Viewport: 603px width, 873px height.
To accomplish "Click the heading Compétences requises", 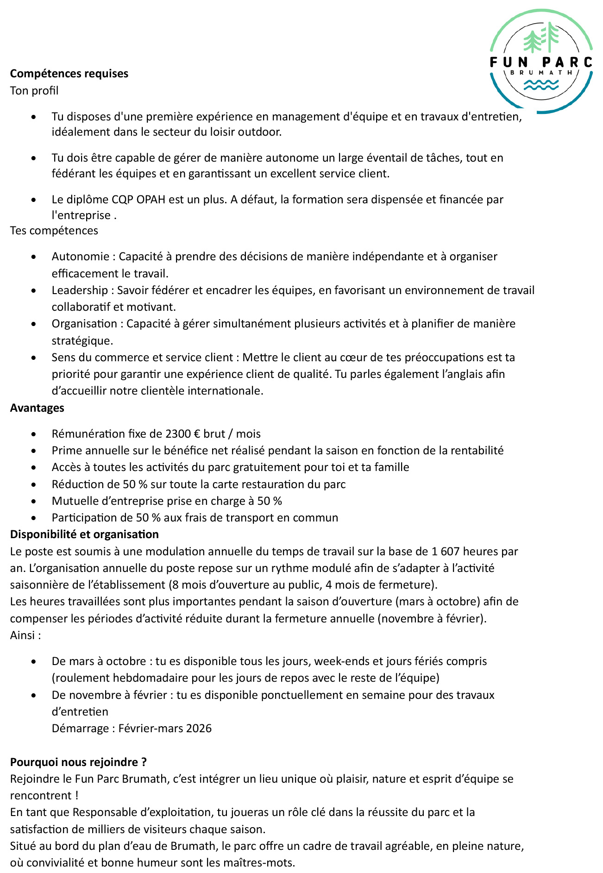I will coord(69,74).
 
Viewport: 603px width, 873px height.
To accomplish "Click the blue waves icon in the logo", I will coord(541,85).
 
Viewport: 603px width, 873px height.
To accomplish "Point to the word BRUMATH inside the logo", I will coord(541,72).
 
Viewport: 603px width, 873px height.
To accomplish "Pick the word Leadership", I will coord(80,290).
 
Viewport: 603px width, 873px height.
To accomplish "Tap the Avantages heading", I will coord(37,408).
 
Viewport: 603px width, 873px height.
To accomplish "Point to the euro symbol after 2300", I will coord(196,434).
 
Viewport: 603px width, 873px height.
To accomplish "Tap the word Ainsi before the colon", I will coord(22,635).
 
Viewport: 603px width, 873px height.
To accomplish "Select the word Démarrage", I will coord(81,729).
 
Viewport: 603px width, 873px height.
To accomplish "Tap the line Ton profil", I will coord(34,91).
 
